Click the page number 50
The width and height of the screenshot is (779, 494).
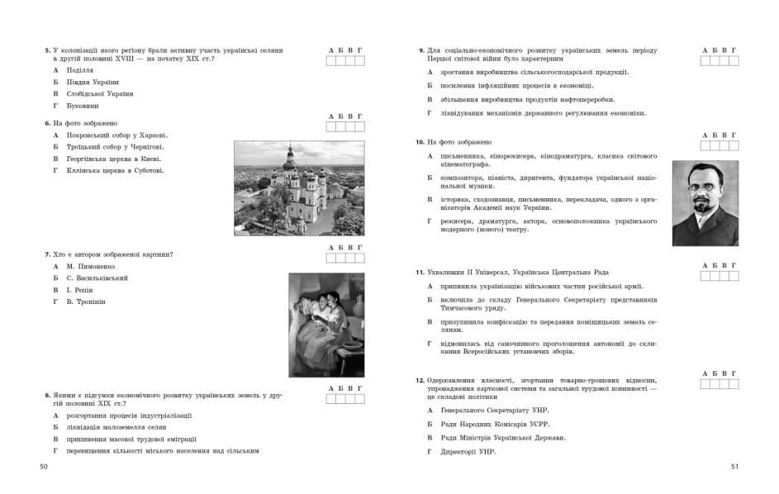(45, 468)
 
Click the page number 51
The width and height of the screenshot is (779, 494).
(734, 468)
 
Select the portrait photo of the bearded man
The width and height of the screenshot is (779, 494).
(705, 202)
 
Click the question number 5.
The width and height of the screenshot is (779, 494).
(46, 50)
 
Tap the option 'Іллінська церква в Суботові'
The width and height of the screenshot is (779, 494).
(116, 170)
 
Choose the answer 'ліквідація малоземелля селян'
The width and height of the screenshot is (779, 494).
(116, 427)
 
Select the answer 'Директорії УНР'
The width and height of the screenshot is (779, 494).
(468, 452)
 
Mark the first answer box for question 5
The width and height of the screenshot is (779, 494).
(331, 60)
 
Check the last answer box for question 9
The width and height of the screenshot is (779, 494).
(734, 60)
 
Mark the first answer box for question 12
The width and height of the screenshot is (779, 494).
(705, 383)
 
